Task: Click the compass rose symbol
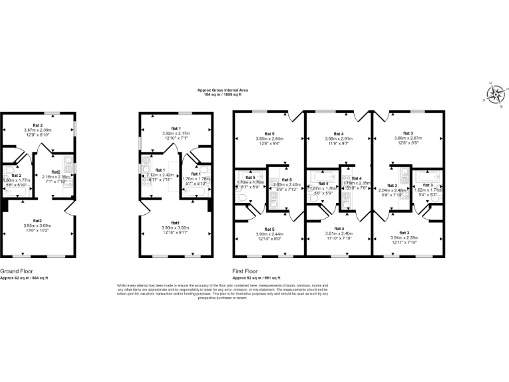[x=494, y=94]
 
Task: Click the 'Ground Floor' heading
[x=19, y=271]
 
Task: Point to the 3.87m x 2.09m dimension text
[x=42, y=130]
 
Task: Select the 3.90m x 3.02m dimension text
[x=176, y=227]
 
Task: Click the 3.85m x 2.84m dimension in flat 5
[x=269, y=139]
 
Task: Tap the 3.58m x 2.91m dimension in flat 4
[x=339, y=139]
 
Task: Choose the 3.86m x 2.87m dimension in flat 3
[x=408, y=139]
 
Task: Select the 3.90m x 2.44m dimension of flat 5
[x=269, y=234]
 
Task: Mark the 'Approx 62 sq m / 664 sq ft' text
[x=24, y=278]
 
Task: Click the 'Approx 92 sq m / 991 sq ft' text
[x=256, y=278]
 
